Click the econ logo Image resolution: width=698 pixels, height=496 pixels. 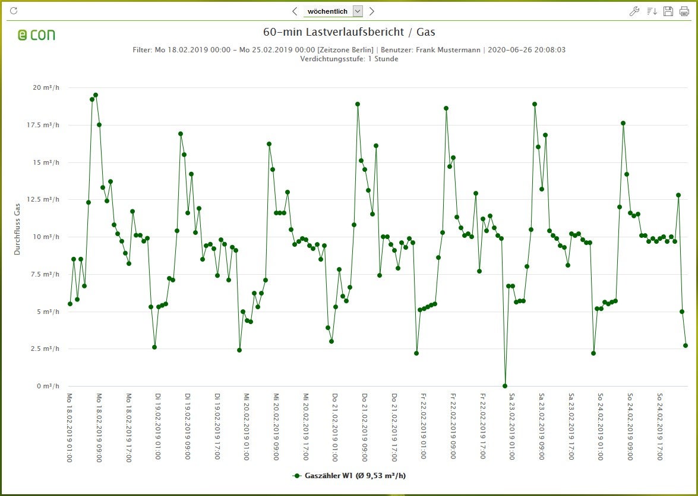36,34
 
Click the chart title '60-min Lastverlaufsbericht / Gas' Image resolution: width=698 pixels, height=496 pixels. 349,32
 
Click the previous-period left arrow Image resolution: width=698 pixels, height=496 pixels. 295,11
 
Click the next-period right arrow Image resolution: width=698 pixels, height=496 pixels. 372,11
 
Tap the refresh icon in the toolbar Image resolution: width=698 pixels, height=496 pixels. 14,11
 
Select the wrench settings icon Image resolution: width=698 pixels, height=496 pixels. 634,11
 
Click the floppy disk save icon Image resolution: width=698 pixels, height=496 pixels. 668,11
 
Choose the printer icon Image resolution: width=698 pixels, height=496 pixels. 684,11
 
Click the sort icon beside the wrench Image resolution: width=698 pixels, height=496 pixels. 652,11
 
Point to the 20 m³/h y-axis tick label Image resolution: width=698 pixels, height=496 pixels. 46,88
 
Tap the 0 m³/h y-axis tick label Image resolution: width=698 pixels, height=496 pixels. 47,386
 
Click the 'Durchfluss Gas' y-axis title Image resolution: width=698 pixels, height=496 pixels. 17,229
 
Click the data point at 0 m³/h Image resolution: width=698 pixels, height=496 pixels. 505,386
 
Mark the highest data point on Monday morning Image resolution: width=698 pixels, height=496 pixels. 96,95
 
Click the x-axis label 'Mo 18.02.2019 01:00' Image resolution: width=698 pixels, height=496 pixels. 70,426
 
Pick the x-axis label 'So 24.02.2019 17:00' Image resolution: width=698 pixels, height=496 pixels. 660,426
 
